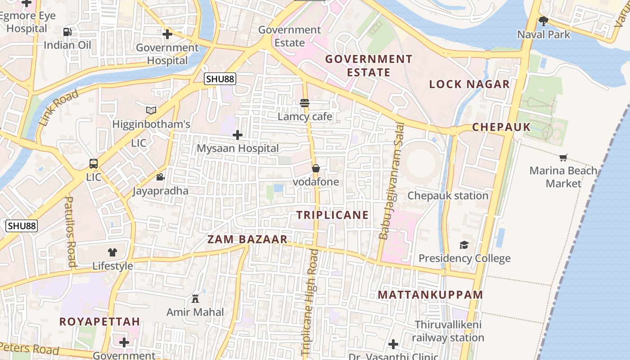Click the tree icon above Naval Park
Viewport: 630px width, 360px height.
(544, 21)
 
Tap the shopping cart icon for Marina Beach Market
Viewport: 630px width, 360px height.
(563, 157)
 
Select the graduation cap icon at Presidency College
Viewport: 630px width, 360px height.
(464, 245)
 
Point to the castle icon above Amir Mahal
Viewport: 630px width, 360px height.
(195, 298)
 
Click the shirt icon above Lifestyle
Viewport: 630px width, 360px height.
(112, 252)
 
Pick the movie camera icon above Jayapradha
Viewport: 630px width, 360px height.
(160, 177)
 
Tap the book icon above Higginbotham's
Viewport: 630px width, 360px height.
(151, 110)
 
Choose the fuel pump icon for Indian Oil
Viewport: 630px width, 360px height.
(67, 31)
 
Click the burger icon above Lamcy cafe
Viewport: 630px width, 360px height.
(305, 103)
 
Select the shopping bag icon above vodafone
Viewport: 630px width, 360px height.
(316, 168)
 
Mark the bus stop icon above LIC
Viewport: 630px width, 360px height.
(94, 164)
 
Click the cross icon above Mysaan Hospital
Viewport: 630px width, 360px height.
(238, 135)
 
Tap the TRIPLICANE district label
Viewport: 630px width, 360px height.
(333, 215)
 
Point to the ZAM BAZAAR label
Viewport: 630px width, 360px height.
(247, 239)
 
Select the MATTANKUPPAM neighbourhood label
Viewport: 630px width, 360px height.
(430, 295)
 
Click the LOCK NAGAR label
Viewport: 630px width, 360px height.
(469, 84)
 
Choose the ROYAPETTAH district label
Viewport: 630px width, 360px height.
(100, 322)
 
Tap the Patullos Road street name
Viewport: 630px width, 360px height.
(71, 232)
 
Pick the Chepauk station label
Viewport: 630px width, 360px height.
(448, 196)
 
